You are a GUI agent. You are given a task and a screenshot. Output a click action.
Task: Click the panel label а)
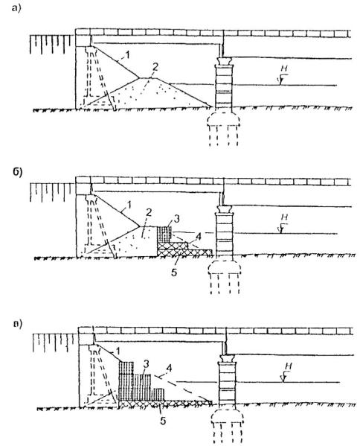coord(16,9)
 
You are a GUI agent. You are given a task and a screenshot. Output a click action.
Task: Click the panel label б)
coord(17,172)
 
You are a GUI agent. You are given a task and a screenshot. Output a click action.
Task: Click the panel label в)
coord(18,324)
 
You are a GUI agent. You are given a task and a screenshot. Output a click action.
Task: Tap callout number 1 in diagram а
coord(128,54)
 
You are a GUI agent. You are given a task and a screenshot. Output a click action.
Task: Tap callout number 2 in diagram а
coord(155,67)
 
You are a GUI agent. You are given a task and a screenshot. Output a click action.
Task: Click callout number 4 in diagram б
coord(199,236)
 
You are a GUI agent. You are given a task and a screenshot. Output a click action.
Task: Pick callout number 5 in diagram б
coord(174,273)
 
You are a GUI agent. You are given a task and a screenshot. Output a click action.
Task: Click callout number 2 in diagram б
coord(149,212)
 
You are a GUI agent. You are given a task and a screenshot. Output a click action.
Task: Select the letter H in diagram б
coord(284,217)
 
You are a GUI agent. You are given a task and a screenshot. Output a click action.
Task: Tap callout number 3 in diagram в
coord(146,364)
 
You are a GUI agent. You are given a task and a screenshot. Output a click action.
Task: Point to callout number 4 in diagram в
coord(169,369)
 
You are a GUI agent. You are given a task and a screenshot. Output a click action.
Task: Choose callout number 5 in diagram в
coord(163,421)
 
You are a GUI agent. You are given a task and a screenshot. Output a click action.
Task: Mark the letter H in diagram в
coord(288,366)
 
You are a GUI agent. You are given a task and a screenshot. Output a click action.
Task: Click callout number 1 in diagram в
coord(118,351)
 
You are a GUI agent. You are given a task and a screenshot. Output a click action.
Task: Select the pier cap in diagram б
coord(224,209)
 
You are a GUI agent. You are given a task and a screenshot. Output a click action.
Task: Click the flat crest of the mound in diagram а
coord(150,78)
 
